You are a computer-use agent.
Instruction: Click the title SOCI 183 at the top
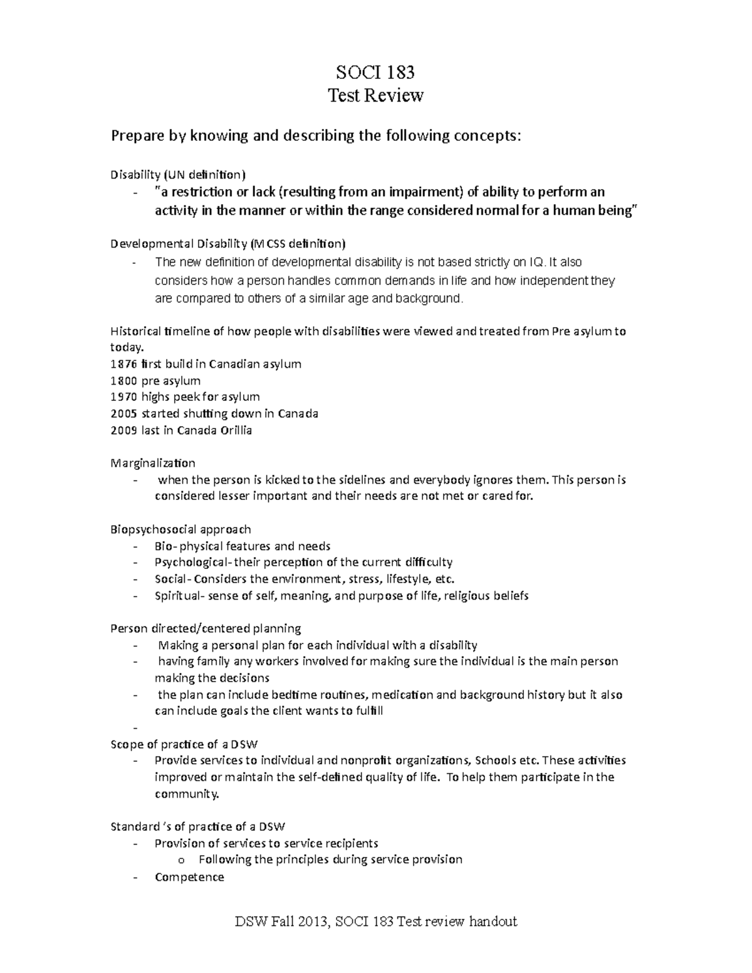pos(375,73)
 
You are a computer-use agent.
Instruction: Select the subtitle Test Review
pos(376,96)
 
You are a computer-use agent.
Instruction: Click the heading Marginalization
pos(152,464)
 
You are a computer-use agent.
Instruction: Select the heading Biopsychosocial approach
pos(180,530)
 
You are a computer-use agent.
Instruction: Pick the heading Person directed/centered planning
pos(206,628)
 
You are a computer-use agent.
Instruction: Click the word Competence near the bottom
pos(189,877)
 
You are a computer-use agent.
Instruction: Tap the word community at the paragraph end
pos(187,794)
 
